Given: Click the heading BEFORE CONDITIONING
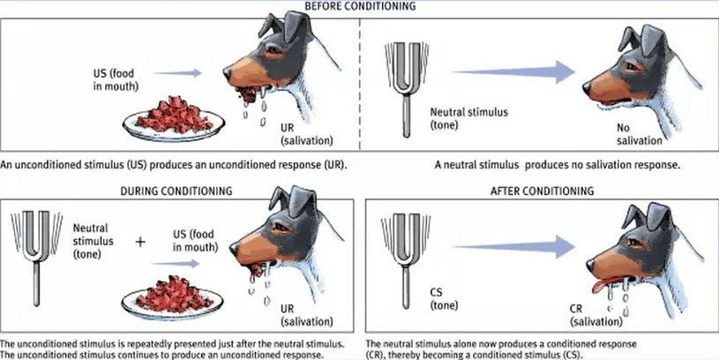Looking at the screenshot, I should click(x=358, y=7).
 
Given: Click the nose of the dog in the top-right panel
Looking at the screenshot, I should click(x=587, y=86).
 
